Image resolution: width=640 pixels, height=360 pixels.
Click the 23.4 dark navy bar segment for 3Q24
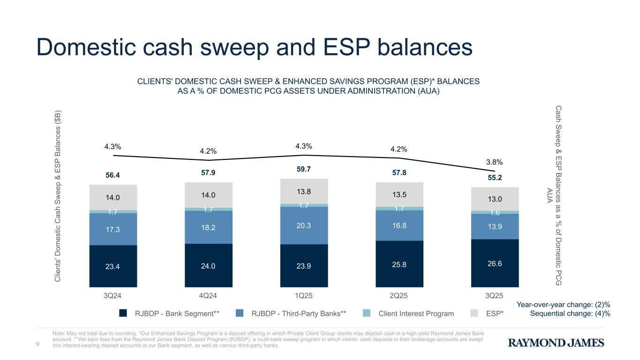113,266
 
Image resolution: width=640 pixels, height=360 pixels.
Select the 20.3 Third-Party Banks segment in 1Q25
304,225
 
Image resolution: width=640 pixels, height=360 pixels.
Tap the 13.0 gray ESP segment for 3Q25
495,199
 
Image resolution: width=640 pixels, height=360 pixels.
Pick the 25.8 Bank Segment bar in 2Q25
399,264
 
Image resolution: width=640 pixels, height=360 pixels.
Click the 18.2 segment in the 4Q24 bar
208,227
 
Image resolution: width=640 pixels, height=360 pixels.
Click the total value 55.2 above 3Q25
495,178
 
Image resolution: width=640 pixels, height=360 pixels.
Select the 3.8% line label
495,162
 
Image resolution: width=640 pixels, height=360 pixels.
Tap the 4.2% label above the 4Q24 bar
208,151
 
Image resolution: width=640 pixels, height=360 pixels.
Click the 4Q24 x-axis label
208,296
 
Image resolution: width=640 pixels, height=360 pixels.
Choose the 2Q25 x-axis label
399,296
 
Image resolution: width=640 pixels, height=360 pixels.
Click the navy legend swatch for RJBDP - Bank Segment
123,314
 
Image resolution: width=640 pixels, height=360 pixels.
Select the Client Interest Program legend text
416,314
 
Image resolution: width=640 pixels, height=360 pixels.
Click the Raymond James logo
556,343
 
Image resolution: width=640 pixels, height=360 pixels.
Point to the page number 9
38,345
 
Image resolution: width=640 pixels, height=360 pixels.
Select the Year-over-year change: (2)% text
563,305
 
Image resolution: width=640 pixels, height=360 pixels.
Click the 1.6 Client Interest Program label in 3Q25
495,212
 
